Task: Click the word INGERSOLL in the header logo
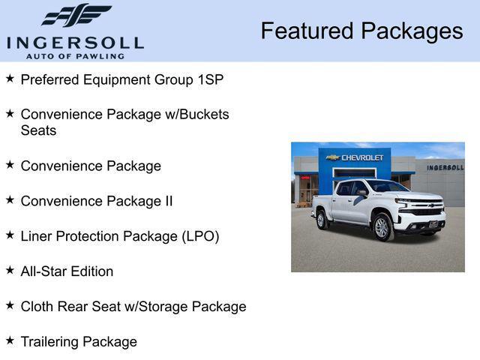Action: point(75,43)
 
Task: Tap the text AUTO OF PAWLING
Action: point(75,56)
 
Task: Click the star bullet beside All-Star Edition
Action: point(10,270)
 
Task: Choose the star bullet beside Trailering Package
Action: point(10,340)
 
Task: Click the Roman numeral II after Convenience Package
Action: point(167,201)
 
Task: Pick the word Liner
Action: point(37,236)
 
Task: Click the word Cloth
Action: point(38,306)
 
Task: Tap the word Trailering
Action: point(49,342)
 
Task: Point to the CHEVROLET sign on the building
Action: point(362,157)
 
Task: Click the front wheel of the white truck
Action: point(382,227)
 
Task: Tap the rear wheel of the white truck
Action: point(322,220)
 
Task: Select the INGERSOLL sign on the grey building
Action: point(445,167)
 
